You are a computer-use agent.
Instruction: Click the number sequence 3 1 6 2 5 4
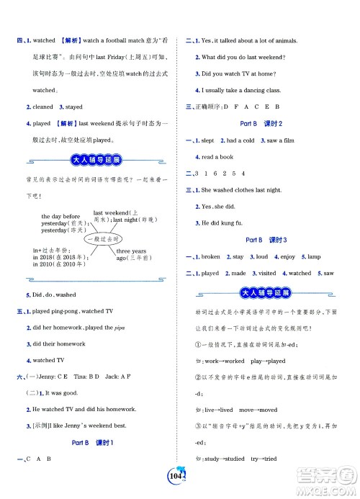[x=231, y=173]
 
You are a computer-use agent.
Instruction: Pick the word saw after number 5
[x=328, y=274]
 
